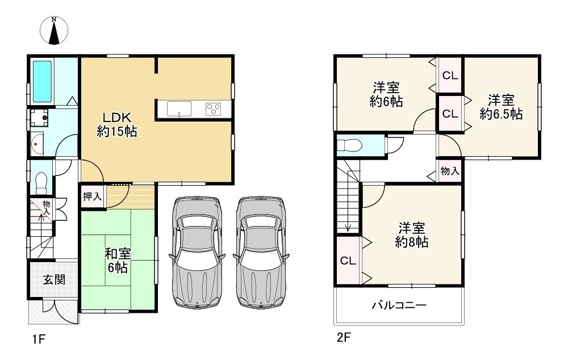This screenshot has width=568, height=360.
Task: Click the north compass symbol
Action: pyautogui.click(x=54, y=31)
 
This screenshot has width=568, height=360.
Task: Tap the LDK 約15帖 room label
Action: pyautogui.click(x=117, y=124)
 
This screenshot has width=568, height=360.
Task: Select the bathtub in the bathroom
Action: pyautogui.click(x=43, y=82)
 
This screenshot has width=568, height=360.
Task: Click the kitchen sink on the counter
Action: pyautogui.click(x=179, y=108)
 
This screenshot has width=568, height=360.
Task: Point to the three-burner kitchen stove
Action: pyautogui.click(x=214, y=109)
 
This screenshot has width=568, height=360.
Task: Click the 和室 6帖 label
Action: pyautogui.click(x=118, y=261)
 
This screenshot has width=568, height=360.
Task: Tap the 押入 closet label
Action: pyautogui.click(x=92, y=196)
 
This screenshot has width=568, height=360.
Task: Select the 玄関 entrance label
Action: pyautogui.click(x=54, y=279)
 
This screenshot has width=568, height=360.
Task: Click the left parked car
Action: pyautogui.click(x=197, y=253)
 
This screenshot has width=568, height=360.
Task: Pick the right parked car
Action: pyautogui.click(x=261, y=253)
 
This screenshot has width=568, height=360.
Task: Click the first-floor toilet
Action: pyautogui.click(x=41, y=183)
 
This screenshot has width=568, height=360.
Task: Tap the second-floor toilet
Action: pyautogui.click(x=349, y=145)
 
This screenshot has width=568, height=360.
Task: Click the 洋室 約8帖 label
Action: pyautogui.click(x=411, y=235)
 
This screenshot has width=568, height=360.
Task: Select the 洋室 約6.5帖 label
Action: pyautogui.click(x=501, y=107)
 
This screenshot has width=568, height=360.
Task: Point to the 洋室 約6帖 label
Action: pyautogui.click(x=386, y=94)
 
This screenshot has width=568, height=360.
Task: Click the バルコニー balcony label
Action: pyautogui.click(x=399, y=305)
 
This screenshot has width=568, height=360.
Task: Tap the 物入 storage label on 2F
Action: pyautogui.click(x=450, y=170)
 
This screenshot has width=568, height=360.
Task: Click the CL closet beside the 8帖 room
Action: pyautogui.click(x=348, y=261)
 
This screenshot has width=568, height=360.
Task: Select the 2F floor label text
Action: pyautogui.click(x=344, y=338)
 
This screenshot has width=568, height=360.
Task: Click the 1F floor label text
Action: pyautogui.click(x=39, y=340)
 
